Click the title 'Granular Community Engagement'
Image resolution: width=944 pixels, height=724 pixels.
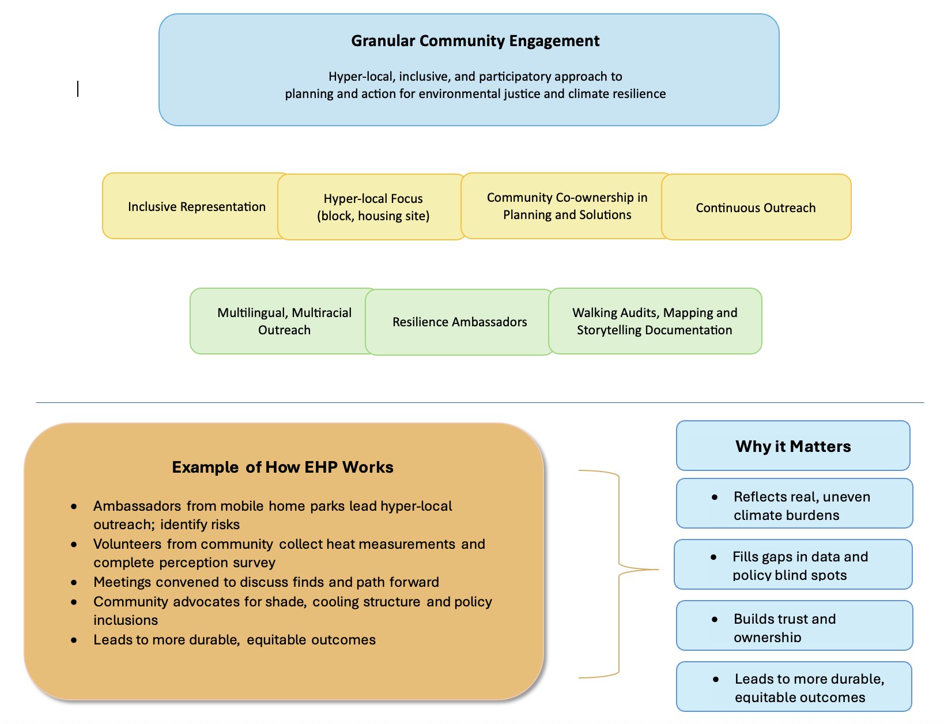click(475, 41)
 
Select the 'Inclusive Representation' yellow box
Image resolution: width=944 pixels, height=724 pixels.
click(196, 207)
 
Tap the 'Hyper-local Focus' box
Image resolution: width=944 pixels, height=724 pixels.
click(373, 207)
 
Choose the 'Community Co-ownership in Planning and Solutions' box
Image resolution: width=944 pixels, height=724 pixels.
click(567, 206)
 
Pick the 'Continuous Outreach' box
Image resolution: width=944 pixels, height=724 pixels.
click(756, 208)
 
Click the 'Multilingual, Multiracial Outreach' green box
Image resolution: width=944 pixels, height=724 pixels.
click(284, 321)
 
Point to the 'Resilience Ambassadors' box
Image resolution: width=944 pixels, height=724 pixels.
click(459, 322)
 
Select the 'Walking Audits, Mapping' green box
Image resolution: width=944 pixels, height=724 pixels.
click(655, 321)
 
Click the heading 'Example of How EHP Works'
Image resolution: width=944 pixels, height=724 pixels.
click(282, 467)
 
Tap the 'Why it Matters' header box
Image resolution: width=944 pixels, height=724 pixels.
click(793, 446)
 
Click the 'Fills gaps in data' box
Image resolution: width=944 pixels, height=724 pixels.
click(793, 565)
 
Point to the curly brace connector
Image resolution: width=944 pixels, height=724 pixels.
click(619, 571)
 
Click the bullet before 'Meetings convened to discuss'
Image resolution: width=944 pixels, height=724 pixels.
click(74, 582)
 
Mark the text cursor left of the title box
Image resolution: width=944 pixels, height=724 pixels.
click(78, 89)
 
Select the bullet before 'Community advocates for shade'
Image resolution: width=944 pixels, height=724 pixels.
click(74, 602)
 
